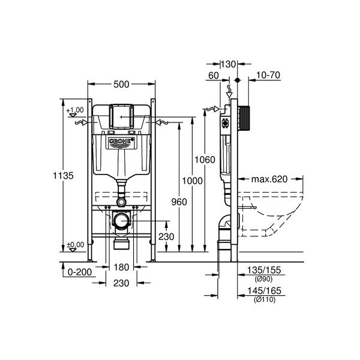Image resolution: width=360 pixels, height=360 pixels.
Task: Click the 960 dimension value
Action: coord(178,202)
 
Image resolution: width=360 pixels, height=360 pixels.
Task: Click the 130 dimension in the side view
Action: coord(229,64)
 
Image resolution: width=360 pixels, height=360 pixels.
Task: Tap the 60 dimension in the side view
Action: coord(214,75)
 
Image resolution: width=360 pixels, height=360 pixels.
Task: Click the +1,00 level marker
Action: coord(76,110)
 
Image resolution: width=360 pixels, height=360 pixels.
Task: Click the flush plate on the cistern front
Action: coord(122,116)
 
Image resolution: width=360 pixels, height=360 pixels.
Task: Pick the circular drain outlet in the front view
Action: coord(122,221)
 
